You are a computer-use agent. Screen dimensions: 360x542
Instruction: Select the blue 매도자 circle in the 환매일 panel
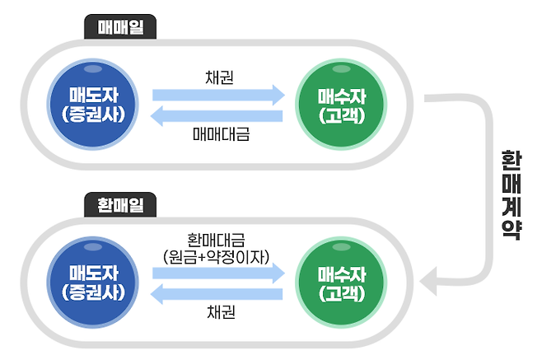pos(91,281)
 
